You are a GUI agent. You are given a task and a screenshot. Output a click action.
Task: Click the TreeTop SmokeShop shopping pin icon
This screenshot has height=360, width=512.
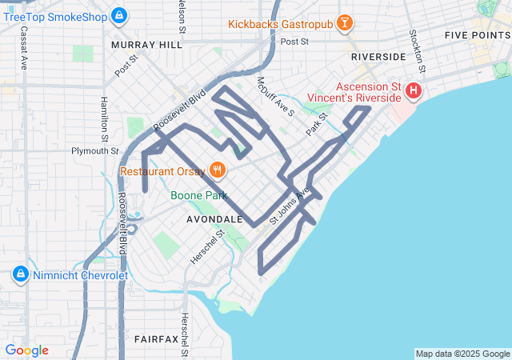[119, 14]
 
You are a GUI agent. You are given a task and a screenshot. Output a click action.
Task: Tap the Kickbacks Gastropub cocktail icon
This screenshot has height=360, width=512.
[345, 24]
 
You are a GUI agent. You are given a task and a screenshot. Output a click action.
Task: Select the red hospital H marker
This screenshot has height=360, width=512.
[414, 91]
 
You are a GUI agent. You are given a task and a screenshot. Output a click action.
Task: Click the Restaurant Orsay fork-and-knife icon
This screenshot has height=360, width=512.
[216, 170]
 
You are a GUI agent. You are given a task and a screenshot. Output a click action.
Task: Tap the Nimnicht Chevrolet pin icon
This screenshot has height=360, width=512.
[21, 275]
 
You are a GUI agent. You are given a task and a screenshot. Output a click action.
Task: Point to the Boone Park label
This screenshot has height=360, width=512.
[198, 195]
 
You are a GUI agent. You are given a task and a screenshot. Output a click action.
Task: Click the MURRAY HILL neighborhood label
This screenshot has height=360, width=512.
[147, 46]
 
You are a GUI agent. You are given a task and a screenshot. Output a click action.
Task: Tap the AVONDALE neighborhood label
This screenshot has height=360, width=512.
[214, 218]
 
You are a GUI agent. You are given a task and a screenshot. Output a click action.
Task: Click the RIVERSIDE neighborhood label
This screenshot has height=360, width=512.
[378, 58]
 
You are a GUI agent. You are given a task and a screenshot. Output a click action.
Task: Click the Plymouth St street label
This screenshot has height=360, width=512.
[94, 150]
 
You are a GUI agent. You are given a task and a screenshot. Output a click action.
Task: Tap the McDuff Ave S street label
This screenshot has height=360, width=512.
[276, 96]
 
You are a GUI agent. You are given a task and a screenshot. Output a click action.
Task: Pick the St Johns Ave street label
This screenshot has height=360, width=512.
[289, 206]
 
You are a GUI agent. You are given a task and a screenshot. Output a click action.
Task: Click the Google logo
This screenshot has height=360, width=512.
[26, 350]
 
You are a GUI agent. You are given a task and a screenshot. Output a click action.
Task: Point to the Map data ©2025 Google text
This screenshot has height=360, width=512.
[462, 354]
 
